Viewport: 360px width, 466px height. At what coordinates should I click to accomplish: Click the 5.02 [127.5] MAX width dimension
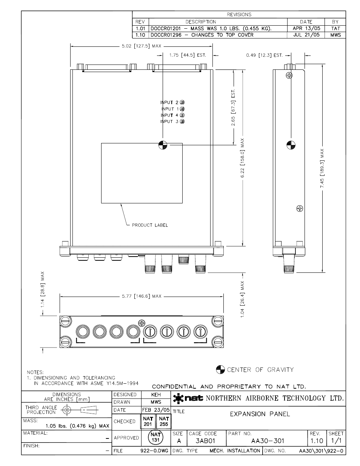pos(142,46)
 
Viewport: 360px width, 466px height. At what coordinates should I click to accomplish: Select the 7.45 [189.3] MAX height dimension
pos(322,168)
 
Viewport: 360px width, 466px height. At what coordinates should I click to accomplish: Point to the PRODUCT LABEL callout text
pos(150,225)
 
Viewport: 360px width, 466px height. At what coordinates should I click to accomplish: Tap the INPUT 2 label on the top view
pos(169,103)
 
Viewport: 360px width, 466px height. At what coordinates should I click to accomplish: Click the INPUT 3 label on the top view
pos(169,121)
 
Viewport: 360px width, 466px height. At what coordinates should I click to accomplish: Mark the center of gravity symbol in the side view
pos(291,145)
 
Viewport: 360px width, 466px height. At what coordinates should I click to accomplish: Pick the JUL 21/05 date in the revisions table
pos(306,35)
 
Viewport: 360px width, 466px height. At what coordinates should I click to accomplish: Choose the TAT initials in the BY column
pos(335,29)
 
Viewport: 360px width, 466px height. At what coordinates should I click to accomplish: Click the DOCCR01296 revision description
pos(202,35)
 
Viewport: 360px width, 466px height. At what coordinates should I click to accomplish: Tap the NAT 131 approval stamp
pos(155,437)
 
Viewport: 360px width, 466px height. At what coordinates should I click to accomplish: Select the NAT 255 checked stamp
pos(164,421)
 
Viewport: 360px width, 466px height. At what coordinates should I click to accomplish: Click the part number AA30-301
pos(268,441)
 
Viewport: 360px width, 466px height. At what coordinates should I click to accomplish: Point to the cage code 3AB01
pos(205,441)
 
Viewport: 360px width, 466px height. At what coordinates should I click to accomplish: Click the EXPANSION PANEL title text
pos(260,414)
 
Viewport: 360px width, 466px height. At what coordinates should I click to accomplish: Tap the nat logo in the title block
pos(188,398)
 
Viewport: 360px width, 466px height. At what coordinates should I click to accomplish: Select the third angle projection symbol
pos(80,410)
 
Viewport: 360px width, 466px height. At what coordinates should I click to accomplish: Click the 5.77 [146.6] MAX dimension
pos(142,296)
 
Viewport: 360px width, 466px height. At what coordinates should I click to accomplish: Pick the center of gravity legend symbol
pos(220,369)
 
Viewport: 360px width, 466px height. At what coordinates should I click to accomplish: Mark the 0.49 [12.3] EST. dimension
pos(264,55)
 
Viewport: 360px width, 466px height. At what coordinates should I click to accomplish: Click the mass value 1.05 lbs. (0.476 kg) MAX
pos(77,426)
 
